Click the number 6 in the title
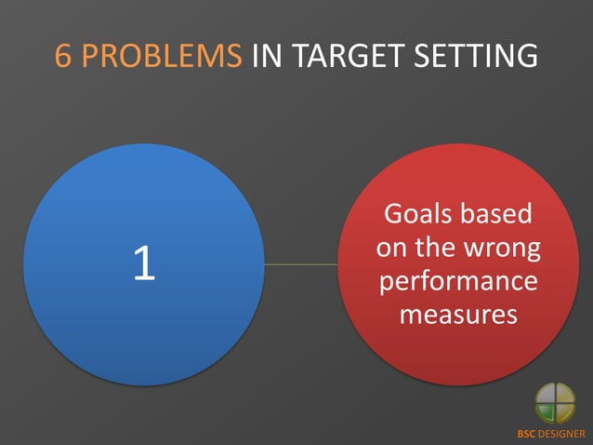[x=64, y=56]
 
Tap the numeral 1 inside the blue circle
[x=143, y=265]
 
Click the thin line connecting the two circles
[x=300, y=264]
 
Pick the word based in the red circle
[x=498, y=214]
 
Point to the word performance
[x=457, y=281]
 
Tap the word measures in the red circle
[x=457, y=315]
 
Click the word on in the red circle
[x=392, y=248]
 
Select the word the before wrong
[x=436, y=248]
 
